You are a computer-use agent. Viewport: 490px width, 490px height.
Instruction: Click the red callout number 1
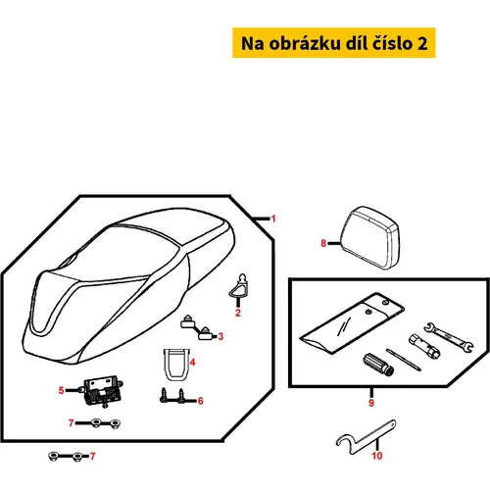(x=273, y=219)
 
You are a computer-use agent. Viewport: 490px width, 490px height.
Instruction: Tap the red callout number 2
(x=238, y=313)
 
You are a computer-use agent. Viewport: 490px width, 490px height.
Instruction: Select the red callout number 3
(x=220, y=336)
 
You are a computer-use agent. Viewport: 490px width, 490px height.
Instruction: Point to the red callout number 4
(x=192, y=362)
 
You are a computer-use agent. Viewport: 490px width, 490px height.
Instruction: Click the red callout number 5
(x=61, y=390)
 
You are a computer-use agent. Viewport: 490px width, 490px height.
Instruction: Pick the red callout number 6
(x=200, y=401)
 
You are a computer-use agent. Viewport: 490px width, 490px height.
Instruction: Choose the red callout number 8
(x=323, y=243)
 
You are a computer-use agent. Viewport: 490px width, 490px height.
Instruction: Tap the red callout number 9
(x=371, y=403)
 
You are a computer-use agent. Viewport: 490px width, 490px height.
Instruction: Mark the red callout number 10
(x=377, y=456)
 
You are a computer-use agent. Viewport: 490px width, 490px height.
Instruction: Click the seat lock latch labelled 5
(x=103, y=391)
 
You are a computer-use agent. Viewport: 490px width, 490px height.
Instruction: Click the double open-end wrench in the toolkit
(x=449, y=337)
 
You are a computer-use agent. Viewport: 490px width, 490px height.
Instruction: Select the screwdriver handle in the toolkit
(x=378, y=365)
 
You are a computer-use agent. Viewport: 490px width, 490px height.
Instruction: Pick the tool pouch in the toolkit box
(x=352, y=322)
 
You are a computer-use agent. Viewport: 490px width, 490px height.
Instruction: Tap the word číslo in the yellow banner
(x=393, y=43)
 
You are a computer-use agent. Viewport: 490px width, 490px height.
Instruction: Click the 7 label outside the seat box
(x=93, y=456)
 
